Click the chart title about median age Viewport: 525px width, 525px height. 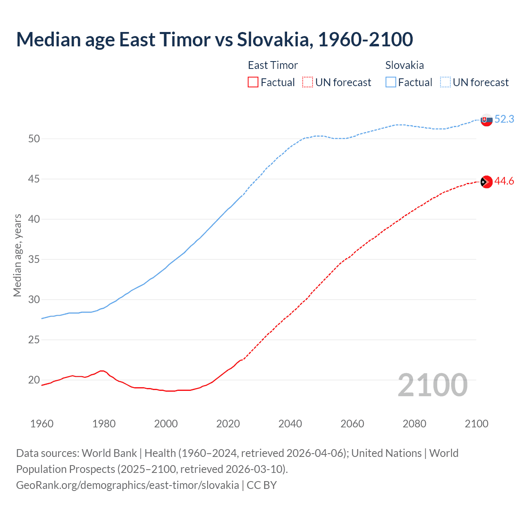[214, 39]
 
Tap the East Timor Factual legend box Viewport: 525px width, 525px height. [253, 82]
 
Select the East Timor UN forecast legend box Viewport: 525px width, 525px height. [308, 82]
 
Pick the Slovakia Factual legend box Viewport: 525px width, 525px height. [391, 82]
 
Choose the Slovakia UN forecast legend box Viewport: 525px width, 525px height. [445, 82]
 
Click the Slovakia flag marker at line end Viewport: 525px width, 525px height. [486, 120]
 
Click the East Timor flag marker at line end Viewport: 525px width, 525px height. [486, 182]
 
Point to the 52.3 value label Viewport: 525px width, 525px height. [504, 119]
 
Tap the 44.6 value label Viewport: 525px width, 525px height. [504, 181]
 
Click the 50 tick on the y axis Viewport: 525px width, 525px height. [34, 139]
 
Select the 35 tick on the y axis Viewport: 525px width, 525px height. [34, 260]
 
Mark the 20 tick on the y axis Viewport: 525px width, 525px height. [34, 380]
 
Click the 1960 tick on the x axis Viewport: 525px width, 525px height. [42, 424]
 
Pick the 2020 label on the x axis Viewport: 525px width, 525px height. [228, 424]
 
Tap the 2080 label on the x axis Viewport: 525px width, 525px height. [414, 424]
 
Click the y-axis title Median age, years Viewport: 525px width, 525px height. [17, 255]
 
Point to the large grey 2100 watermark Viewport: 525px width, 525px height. [432, 385]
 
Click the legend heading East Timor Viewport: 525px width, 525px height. [273, 65]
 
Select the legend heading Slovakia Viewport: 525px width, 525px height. [404, 65]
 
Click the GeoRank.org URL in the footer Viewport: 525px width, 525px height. [128, 485]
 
